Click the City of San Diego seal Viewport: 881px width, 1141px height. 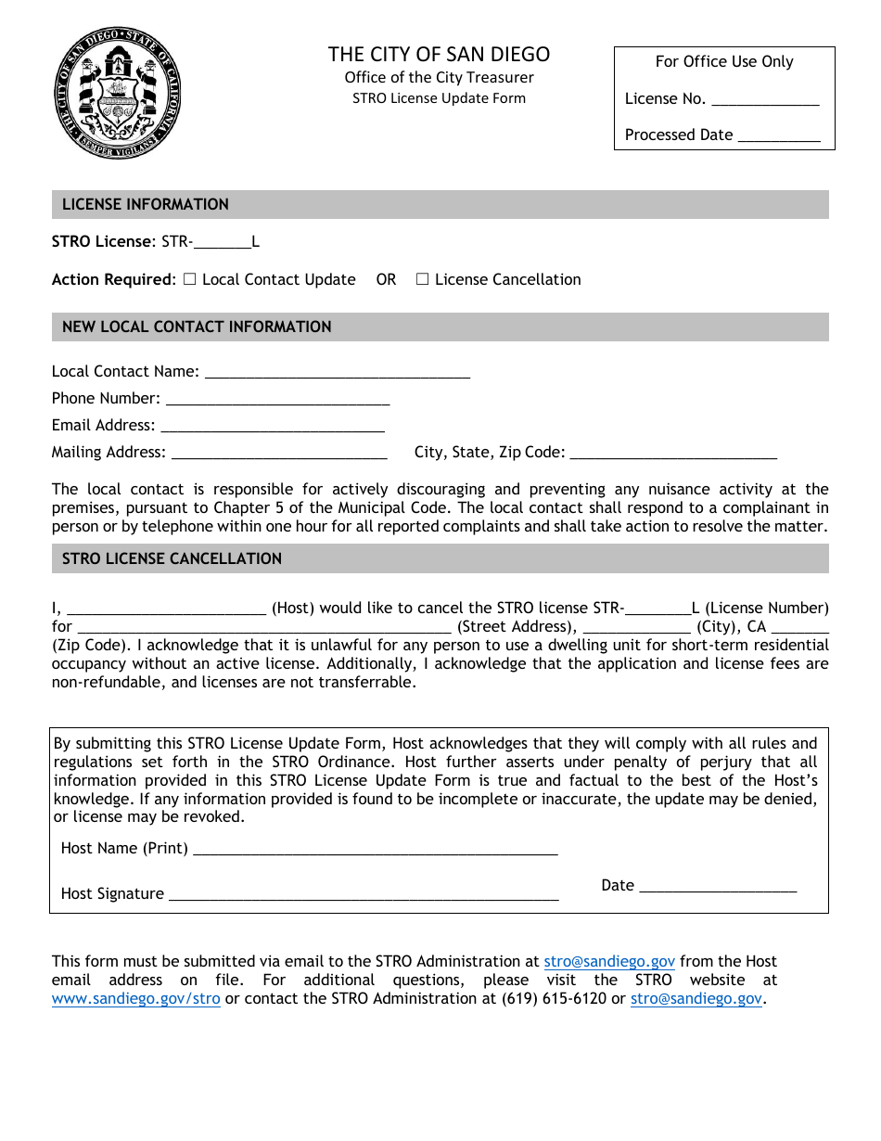[117, 92]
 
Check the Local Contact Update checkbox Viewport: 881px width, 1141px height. [190, 279]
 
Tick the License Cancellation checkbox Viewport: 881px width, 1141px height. [423, 279]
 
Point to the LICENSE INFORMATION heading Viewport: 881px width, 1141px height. [146, 204]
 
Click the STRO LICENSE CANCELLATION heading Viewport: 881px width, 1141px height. [172, 558]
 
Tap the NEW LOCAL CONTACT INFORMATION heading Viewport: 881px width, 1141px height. [197, 327]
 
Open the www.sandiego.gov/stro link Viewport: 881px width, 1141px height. [136, 999]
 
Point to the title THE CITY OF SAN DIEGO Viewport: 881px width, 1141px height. [439, 55]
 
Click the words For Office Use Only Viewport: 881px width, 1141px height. [724, 62]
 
